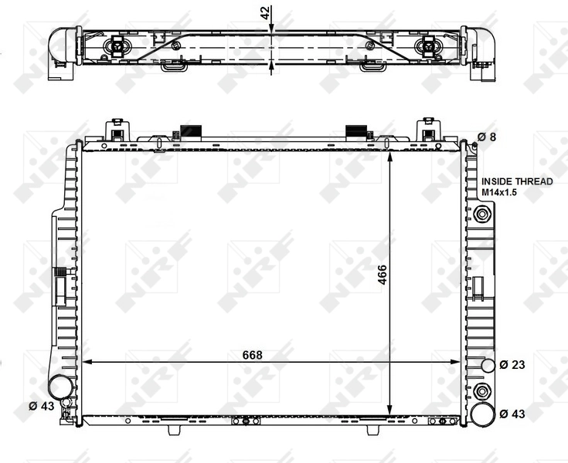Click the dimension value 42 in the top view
click(264, 12)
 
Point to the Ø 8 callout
click(487, 137)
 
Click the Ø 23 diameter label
click(512, 364)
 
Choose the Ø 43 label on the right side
click(512, 414)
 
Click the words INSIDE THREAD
click(517, 181)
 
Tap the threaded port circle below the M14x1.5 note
click(483, 215)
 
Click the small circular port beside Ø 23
click(487, 365)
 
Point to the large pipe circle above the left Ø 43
click(60, 386)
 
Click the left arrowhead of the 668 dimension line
click(87, 361)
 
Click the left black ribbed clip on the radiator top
click(189, 131)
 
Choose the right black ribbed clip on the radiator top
click(355, 131)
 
